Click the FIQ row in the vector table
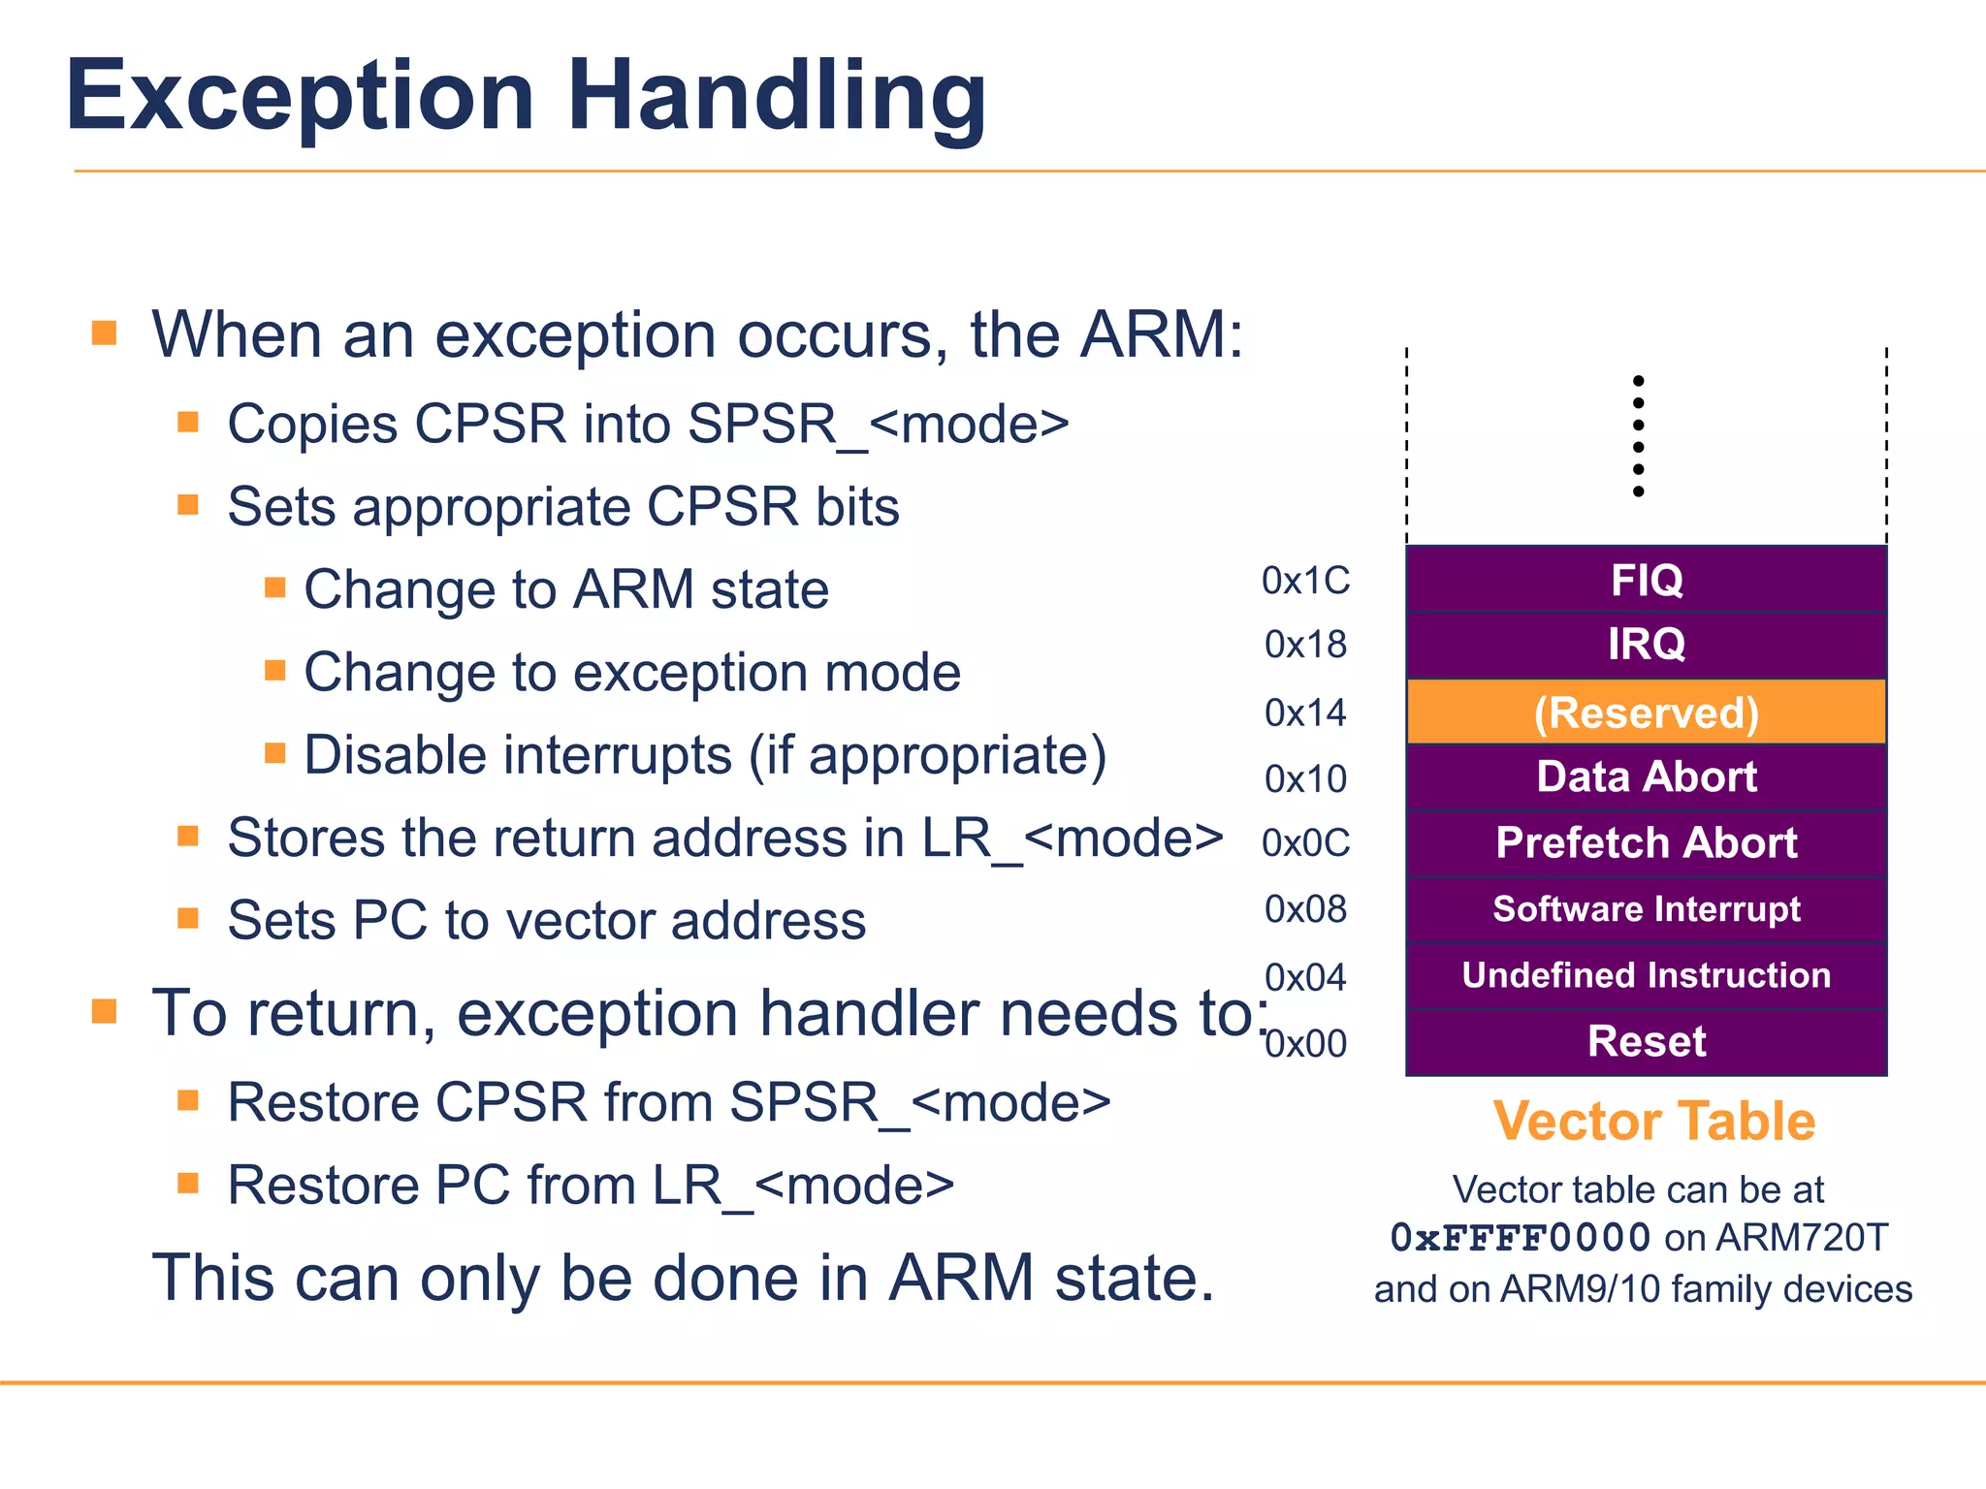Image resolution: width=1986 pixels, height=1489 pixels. (x=1646, y=580)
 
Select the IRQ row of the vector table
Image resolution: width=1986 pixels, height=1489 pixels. (x=1646, y=645)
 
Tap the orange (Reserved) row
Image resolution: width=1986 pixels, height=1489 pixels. (x=1646, y=713)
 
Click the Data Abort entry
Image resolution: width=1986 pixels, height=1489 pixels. (x=1646, y=777)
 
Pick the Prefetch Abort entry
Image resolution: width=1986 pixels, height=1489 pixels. (x=1646, y=842)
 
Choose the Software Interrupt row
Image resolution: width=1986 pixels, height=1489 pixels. (x=1646, y=909)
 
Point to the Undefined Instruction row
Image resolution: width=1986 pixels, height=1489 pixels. (x=1646, y=975)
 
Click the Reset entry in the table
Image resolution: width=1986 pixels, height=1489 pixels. (x=1646, y=1042)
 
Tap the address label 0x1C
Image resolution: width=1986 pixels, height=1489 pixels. (x=1305, y=581)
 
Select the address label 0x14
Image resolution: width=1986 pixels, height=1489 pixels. (x=1305, y=713)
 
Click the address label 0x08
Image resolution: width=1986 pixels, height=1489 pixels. (x=1305, y=909)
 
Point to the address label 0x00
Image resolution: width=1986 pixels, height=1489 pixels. (x=1305, y=1044)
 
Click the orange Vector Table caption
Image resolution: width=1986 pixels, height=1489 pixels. (x=1653, y=1122)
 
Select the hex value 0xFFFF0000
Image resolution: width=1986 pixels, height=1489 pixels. (x=1520, y=1238)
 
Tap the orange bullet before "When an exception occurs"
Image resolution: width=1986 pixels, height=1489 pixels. (x=105, y=334)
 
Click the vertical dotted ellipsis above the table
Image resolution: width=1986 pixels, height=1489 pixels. (x=1638, y=436)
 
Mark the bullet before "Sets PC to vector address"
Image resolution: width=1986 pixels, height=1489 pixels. (x=188, y=919)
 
